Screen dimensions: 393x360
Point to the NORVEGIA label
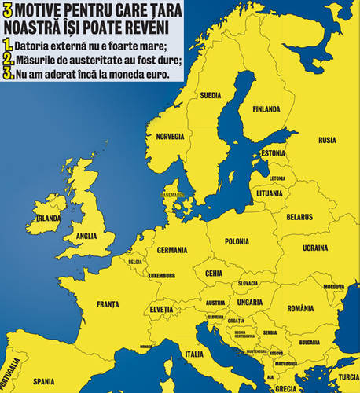[171, 136]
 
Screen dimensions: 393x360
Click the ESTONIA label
[273, 152]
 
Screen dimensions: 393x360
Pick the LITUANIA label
[268, 193]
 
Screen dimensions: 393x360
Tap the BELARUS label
[299, 216]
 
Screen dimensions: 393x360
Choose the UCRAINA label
[315, 248]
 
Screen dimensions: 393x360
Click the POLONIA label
[237, 241]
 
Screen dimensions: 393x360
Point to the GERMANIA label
[172, 250]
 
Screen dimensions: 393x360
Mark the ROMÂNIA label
[301, 308]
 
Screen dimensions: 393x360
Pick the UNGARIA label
[249, 302]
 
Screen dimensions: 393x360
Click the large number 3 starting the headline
[8, 12]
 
